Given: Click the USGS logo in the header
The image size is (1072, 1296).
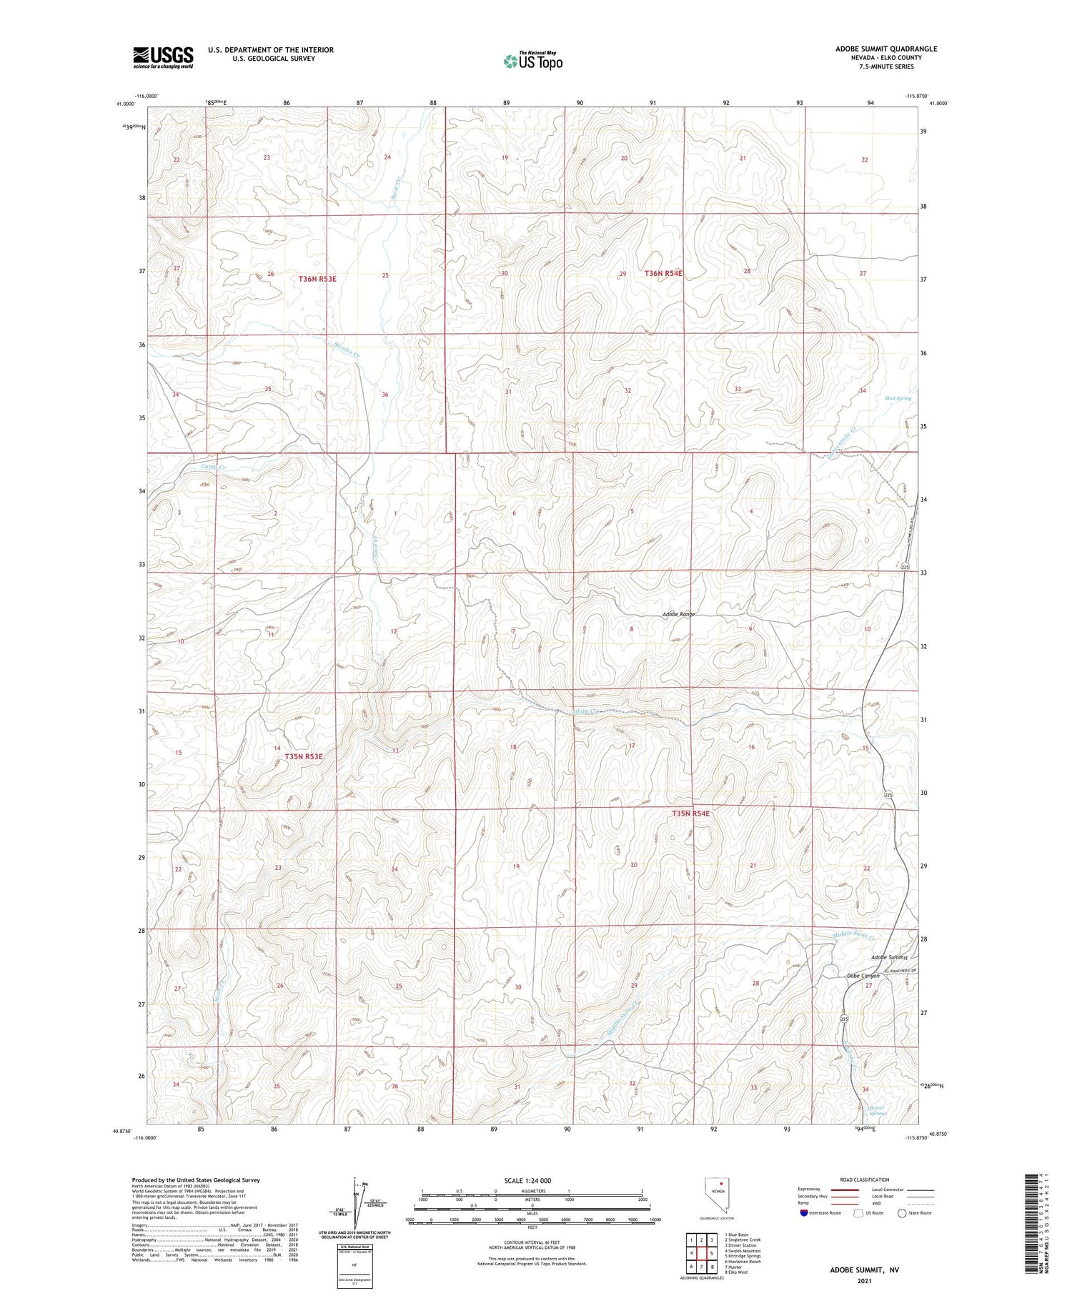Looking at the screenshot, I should click(163, 57).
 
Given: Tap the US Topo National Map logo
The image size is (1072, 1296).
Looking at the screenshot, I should click(532, 61).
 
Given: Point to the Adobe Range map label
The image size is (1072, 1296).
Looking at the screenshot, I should click(679, 615).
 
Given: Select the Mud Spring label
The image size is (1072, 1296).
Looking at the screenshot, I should click(898, 398).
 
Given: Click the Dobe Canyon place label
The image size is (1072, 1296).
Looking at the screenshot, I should click(863, 976).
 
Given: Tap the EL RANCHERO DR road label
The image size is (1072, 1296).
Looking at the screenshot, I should click(900, 971).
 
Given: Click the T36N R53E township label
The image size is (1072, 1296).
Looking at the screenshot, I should click(317, 279).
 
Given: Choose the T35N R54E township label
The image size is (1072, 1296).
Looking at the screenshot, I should click(690, 813).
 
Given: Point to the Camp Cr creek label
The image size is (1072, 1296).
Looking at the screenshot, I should click(213, 468).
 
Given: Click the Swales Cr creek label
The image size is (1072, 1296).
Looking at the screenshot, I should click(347, 349).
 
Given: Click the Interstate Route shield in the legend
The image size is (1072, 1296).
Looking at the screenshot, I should click(804, 1212).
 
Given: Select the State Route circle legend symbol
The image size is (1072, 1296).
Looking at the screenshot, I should click(902, 1212).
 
